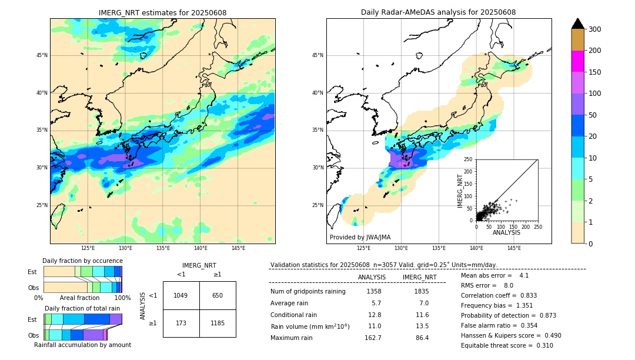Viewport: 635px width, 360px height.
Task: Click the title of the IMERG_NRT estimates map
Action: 162,12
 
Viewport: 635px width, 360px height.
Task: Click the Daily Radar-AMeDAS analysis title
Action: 438,12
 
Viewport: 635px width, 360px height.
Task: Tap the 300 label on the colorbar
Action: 594,29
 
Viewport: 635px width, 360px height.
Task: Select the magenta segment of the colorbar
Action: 577,61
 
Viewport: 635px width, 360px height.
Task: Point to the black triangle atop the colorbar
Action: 577,24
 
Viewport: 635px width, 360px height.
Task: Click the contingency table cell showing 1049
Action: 181,295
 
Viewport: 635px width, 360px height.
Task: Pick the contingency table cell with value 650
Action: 218,295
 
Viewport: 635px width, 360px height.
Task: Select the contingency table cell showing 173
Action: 181,323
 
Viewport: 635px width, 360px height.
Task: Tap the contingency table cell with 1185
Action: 218,323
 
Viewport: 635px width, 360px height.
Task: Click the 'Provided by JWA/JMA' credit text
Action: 360,237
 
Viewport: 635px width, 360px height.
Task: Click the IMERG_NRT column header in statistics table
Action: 419,277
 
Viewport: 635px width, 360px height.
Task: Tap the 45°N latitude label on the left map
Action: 42,55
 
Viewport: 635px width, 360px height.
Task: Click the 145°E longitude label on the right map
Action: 514,248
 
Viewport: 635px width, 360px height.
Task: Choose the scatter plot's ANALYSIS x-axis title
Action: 506,232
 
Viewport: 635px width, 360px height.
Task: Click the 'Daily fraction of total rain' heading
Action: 82,308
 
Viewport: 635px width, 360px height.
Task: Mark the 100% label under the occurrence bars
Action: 122,298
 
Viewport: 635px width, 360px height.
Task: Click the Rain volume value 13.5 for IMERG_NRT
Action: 422,326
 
